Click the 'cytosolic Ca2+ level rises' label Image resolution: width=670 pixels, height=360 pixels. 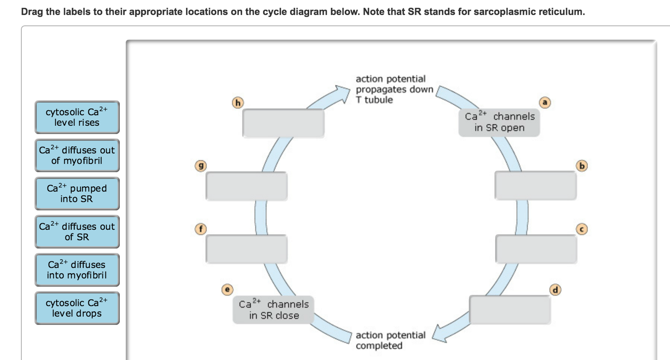77,117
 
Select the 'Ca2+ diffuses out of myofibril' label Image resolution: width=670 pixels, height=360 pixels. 77,155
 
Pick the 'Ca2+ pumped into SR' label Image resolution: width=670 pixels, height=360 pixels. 77,193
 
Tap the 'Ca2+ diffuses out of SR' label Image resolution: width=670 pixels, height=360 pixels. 77,232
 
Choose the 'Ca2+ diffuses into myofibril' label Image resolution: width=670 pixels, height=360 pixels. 77,270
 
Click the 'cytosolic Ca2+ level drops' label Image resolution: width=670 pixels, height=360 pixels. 77,308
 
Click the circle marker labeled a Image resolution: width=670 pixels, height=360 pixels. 545,102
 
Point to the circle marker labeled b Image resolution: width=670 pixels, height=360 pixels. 582,166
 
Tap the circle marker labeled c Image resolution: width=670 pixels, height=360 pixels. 582,229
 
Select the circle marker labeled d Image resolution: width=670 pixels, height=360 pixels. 555,290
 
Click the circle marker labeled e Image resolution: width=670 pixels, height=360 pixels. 227,289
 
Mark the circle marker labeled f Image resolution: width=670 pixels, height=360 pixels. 201,229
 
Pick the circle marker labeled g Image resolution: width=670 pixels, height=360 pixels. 201,166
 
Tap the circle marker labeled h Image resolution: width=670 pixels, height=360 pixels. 238,103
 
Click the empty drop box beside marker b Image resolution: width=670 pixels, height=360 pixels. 535,185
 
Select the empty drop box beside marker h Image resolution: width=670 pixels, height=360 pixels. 283,123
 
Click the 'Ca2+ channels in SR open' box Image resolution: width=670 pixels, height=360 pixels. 499,122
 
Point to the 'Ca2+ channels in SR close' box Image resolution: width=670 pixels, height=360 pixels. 273,310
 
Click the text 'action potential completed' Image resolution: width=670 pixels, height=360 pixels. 390,340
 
